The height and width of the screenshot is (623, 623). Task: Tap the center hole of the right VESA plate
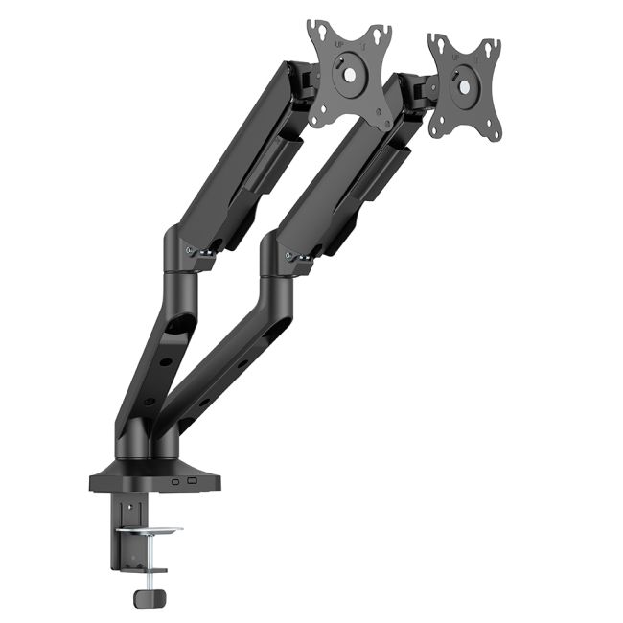click(465, 85)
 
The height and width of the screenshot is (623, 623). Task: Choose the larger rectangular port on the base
click(191, 480)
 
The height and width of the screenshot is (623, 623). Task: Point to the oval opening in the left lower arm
click(174, 329)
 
